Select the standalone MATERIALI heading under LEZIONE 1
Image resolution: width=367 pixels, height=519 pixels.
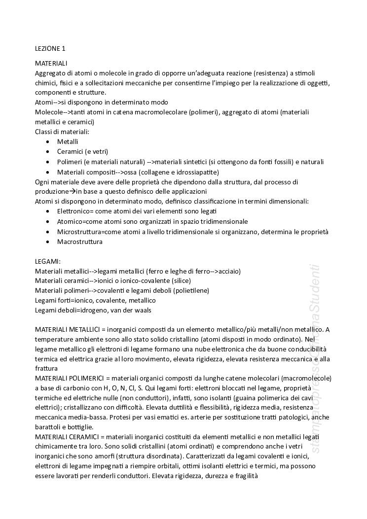click(51, 63)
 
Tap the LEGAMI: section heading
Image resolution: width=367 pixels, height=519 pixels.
click(48, 262)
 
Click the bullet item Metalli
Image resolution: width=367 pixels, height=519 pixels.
click(68, 141)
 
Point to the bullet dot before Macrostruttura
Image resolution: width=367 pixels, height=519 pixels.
click(47, 242)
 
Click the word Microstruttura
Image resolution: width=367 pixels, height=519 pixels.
click(78, 232)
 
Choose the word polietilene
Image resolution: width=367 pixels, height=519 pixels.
click(191, 290)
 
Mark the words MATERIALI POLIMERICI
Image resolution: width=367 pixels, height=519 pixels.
click(69, 378)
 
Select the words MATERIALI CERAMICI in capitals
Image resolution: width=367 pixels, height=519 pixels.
click(67, 437)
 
